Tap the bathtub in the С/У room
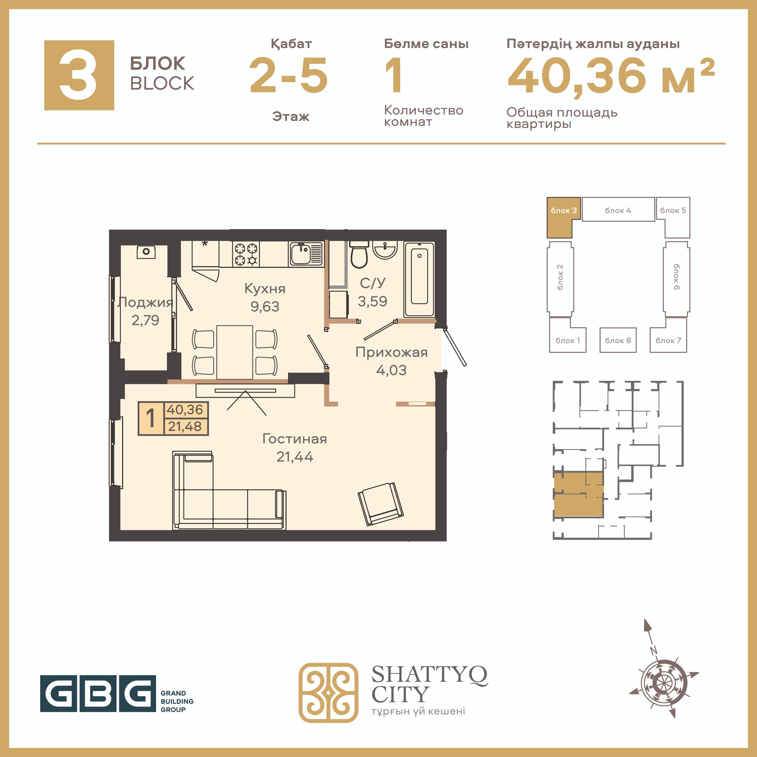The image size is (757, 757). (419, 279)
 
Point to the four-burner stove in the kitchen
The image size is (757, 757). (246, 254)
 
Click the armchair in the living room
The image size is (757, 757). (381, 503)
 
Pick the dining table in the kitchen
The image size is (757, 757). (235, 352)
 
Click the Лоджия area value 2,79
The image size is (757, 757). (145, 320)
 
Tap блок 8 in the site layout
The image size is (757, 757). (618, 340)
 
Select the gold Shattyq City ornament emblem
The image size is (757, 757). (328, 693)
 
